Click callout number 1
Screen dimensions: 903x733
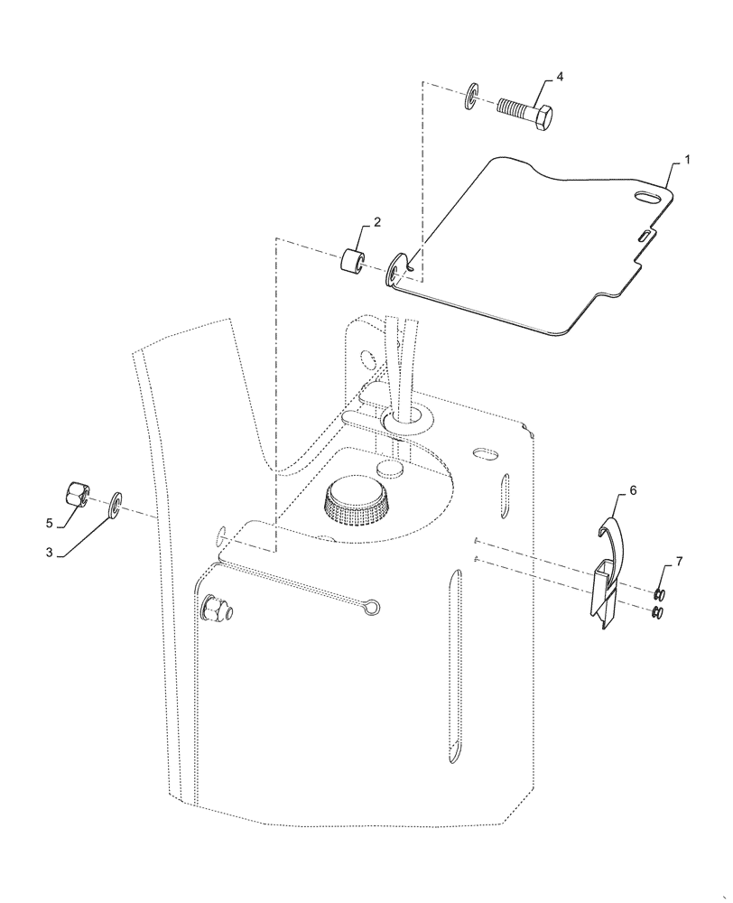coord(687,159)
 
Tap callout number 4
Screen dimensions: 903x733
coord(560,78)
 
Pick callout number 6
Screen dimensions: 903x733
coord(632,489)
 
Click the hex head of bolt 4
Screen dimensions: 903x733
coord(544,118)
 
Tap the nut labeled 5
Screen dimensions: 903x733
coord(78,496)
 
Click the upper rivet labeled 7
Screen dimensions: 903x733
coord(660,593)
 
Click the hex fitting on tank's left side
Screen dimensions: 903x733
coord(217,610)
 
